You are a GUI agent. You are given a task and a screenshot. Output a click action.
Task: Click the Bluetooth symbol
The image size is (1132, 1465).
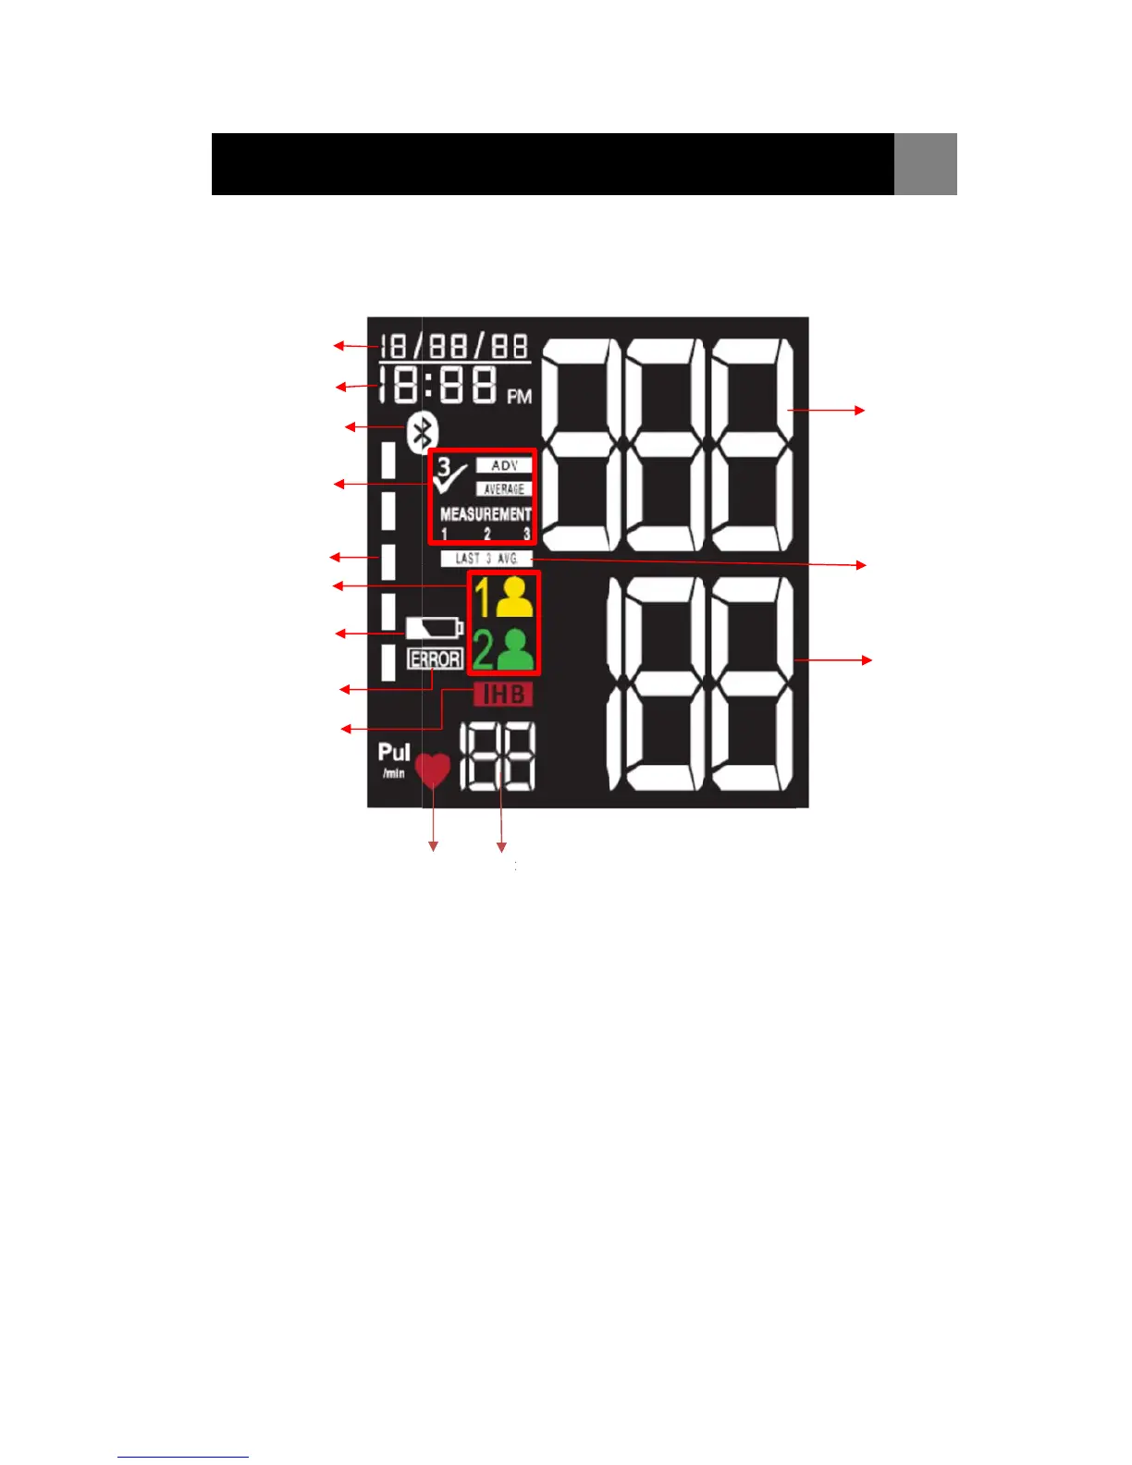point(423,432)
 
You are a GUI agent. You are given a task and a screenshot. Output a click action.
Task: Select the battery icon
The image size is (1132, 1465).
point(434,629)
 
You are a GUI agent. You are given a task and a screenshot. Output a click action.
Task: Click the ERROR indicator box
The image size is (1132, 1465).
point(435,659)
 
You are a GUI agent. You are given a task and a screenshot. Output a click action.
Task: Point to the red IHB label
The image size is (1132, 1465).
point(504,694)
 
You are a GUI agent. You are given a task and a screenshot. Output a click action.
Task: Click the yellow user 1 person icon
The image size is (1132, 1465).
point(514,597)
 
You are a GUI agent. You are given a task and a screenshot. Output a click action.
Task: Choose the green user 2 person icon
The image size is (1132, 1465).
point(515,648)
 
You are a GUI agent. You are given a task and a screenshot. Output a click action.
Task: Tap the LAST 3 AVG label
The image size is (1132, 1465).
point(486,559)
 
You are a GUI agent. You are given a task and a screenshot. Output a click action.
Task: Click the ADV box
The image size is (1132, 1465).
point(504,465)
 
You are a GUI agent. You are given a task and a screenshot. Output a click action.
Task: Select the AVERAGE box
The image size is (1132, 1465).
point(504,488)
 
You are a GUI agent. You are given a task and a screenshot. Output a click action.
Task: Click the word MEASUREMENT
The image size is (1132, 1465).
point(486,514)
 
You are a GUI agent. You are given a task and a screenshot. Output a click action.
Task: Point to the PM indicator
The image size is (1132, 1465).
point(519,397)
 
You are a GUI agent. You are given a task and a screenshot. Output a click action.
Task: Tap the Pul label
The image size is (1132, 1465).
point(394,753)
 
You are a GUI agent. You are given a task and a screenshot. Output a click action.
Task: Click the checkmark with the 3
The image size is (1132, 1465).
point(450,474)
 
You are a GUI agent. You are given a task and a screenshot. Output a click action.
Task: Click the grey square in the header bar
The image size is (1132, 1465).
point(925,164)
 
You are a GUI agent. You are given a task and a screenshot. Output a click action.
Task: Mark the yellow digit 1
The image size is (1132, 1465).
point(483,597)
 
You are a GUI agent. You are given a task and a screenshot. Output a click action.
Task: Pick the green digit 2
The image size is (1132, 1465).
point(483,648)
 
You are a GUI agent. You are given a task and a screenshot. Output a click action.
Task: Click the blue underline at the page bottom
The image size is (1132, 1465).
point(183,1457)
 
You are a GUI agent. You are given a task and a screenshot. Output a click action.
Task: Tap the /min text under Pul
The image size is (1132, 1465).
point(394,773)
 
